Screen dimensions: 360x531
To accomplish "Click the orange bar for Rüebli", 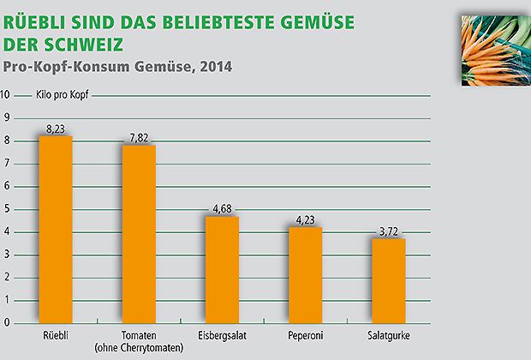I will click(56, 230).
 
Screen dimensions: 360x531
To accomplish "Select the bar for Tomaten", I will click(139, 234).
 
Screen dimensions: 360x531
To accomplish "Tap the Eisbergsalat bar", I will click(222, 270).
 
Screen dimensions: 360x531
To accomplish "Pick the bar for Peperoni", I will click(305, 275).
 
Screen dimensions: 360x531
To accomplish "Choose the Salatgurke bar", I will click(388, 281).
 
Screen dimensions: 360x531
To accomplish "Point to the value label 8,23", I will click(56, 129).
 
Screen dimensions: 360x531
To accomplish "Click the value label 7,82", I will click(139, 138).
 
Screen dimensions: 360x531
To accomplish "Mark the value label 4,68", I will click(222, 209).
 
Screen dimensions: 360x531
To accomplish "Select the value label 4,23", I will click(305, 219).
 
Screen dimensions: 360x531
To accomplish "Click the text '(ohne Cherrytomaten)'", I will click(139, 347).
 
